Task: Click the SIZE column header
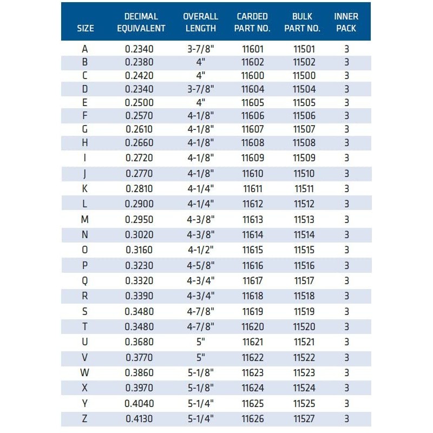[86, 28]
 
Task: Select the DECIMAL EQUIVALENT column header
[141, 22]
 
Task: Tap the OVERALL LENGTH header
[200, 22]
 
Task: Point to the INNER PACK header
[346, 22]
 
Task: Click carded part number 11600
[253, 76]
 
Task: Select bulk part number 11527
[304, 418]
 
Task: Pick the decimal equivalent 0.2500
[139, 102]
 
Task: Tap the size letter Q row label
[84, 281]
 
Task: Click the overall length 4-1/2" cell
[200, 250]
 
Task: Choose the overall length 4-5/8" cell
[200, 266]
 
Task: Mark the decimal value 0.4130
[139, 418]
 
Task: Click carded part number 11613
[253, 219]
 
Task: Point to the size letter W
[84, 373]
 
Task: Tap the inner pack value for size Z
[346, 418]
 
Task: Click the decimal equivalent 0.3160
[139, 250]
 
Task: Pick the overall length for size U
[200, 342]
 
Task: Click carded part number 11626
[253, 418]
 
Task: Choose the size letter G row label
[84, 129]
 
